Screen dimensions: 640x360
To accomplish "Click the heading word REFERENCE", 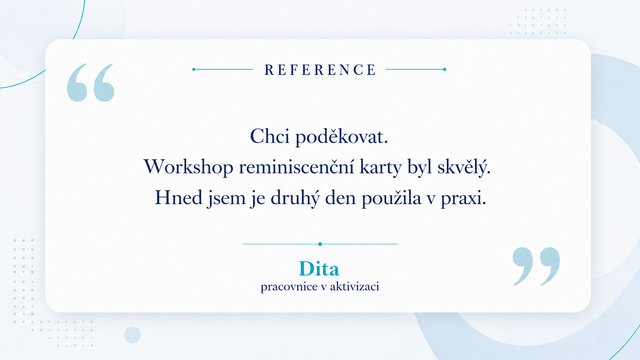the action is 320,70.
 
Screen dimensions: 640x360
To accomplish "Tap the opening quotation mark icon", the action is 91,83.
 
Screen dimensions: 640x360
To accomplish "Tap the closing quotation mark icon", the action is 536,266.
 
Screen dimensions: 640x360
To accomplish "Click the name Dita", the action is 319,269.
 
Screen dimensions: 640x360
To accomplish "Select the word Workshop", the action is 188,167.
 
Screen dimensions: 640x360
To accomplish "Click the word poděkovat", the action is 342,137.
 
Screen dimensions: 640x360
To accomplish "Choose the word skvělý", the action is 464,167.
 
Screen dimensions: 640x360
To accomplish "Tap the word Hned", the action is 179,197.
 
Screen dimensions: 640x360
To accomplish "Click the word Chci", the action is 270,136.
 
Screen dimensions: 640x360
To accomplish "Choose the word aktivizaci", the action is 354,286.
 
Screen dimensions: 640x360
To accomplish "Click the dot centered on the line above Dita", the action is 320,244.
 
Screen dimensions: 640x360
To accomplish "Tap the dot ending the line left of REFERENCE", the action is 194,69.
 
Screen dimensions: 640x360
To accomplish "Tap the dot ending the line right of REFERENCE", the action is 444,69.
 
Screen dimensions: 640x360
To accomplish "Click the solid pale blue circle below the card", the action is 132,335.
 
